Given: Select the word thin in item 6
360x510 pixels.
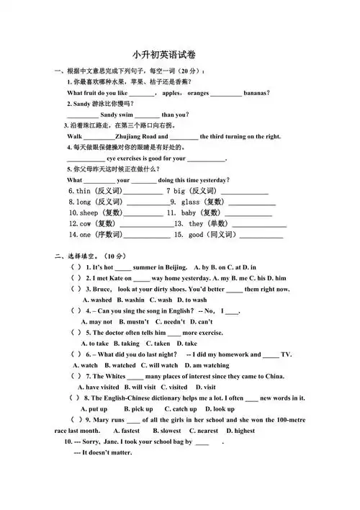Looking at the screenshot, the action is pyautogui.click(x=84, y=191).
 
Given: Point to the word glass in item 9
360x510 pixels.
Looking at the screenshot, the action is pyautogui.click(x=191, y=202).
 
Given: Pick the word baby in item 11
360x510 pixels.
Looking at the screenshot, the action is pyautogui.click(x=189, y=213).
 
